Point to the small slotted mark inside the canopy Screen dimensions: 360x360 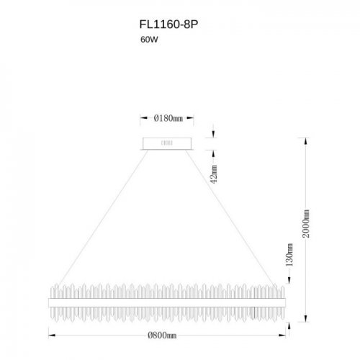point(166,143)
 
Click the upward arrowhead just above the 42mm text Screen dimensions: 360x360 point(213,153)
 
